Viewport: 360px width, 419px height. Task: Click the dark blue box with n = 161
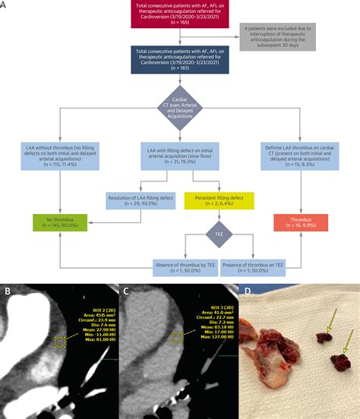click(180, 58)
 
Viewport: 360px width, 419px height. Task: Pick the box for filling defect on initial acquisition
click(180, 155)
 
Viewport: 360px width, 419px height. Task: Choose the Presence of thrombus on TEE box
click(257, 266)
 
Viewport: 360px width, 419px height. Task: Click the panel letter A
click(5, 5)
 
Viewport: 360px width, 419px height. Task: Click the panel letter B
click(7, 291)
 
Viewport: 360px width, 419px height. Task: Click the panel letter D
click(247, 291)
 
